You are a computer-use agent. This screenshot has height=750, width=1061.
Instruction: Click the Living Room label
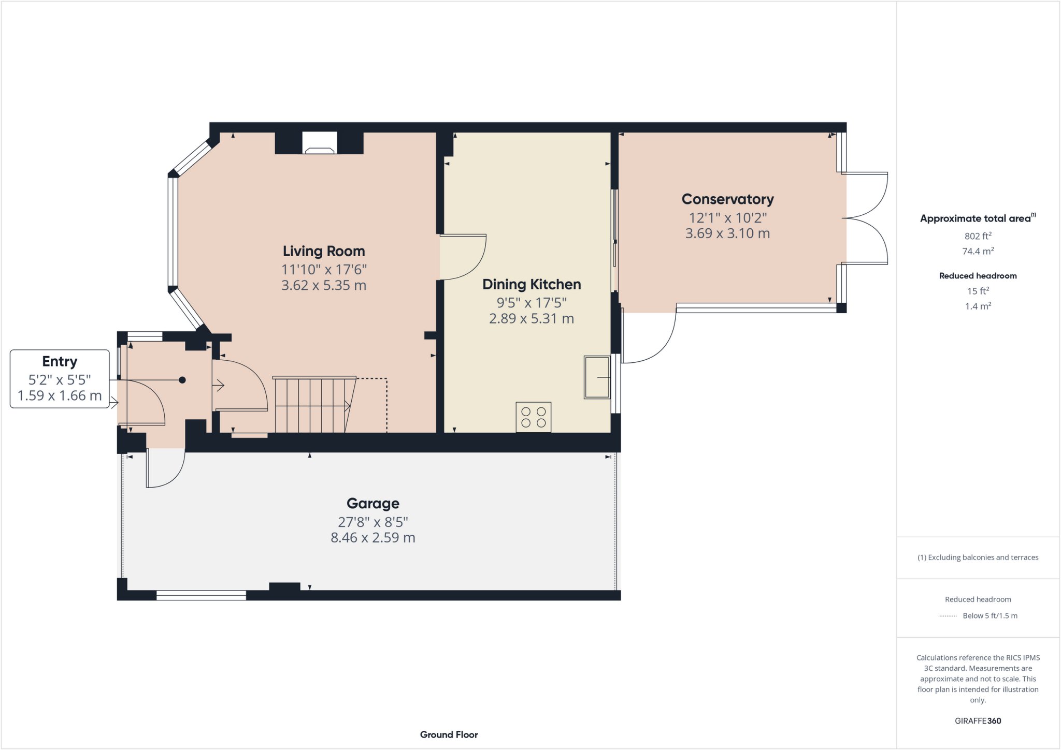324,251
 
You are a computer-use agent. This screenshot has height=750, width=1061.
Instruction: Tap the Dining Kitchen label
532,284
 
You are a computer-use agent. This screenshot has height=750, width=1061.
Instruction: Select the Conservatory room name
727,199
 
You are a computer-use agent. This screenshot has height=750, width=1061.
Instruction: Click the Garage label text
372,504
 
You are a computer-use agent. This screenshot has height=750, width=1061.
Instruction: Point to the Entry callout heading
60,361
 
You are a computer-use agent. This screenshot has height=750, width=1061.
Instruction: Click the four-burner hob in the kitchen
533,417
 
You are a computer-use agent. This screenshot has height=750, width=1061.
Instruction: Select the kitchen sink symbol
597,377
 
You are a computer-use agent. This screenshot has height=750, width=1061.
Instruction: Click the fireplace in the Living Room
319,144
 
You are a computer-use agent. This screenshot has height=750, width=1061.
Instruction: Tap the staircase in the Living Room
311,405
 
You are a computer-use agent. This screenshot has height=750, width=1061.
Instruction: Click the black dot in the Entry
182,380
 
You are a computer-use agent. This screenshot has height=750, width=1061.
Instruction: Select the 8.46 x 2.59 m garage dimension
372,538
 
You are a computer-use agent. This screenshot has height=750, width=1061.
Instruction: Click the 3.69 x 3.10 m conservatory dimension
727,233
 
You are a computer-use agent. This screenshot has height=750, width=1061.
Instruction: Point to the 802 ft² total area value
978,236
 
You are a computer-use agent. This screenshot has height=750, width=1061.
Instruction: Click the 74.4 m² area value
978,252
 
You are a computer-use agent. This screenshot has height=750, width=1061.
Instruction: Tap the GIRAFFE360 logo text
978,720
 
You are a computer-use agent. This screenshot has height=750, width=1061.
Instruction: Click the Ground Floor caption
449,734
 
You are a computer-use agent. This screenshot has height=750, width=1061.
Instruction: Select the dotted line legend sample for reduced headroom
948,616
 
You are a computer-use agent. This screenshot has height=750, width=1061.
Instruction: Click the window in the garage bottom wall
201,596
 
